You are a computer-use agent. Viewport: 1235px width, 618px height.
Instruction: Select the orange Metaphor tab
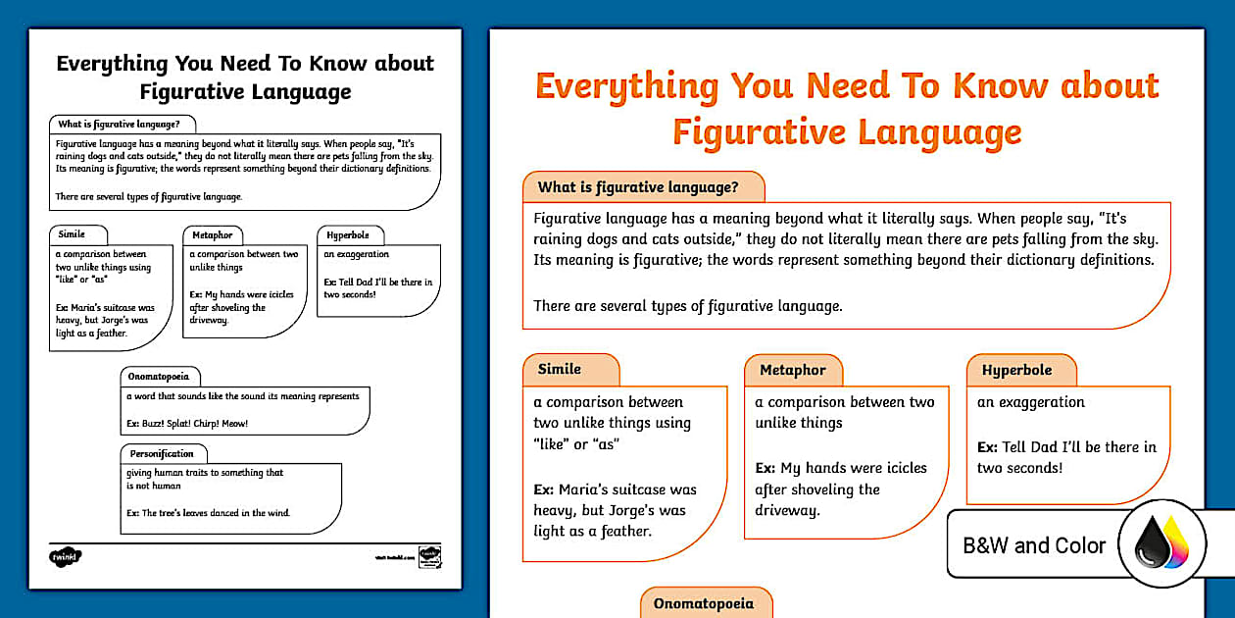793,371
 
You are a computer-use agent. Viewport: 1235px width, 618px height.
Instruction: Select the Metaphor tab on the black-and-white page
213,235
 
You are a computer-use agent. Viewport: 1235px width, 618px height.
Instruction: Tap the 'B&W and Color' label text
1034,545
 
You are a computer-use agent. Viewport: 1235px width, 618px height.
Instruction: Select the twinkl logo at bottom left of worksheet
65,556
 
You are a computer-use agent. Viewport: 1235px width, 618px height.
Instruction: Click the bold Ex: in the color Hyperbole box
987,447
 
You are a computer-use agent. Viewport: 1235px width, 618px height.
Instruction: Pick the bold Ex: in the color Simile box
544,489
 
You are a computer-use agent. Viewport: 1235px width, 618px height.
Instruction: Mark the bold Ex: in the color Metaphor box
766,468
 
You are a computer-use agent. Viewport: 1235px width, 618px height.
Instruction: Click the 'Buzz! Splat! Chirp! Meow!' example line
186,424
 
